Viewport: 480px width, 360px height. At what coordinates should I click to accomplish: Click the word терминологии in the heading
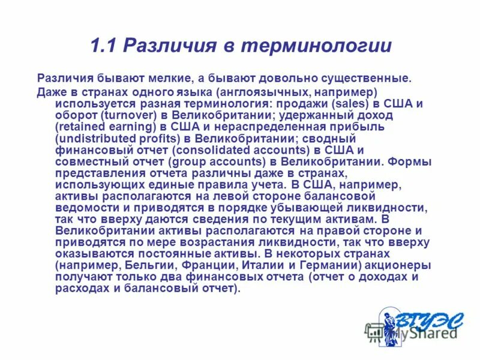coord(322,46)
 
